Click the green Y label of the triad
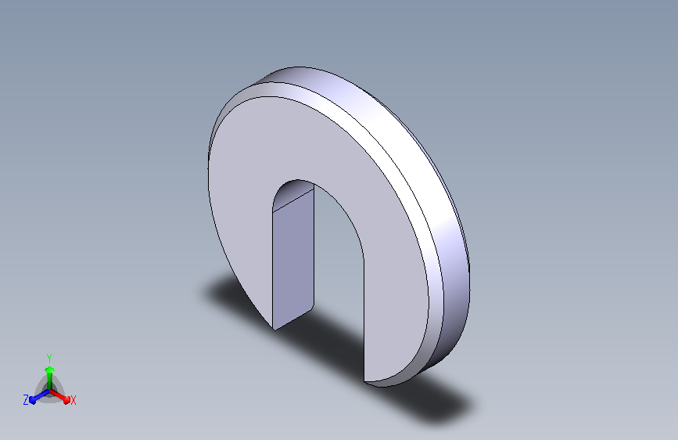tap(49, 359)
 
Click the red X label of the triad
tap(73, 401)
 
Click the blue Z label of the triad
tap(26, 400)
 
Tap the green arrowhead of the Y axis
tap(49, 370)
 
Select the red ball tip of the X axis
tap(66, 399)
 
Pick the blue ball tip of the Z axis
tap(33, 400)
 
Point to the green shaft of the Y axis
tap(49, 380)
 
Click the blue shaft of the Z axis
tap(42, 395)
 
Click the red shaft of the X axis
tap(58, 395)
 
